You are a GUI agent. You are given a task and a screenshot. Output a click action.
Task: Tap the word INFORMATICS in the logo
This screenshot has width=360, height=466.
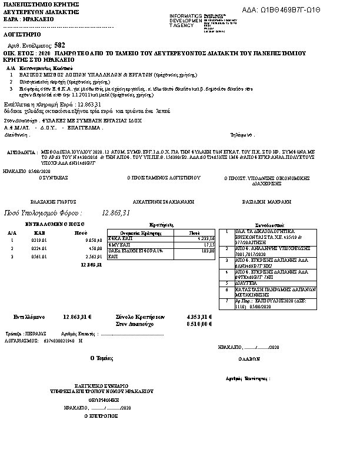pyautogui.click(x=184, y=15)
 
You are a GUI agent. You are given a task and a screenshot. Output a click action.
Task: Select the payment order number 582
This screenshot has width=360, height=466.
pyautogui.click(x=60, y=45)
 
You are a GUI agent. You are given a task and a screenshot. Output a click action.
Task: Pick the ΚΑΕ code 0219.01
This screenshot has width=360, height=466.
pyautogui.click(x=39, y=240)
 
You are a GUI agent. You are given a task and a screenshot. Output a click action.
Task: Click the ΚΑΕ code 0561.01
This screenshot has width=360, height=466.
pyautogui.click(x=39, y=257)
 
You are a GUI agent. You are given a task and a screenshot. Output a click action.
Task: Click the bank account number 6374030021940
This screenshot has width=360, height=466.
pyautogui.click(x=59, y=341)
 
